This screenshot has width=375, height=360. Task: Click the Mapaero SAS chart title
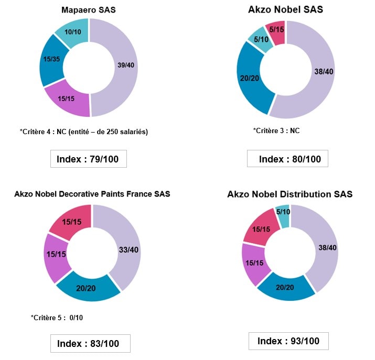[88, 10]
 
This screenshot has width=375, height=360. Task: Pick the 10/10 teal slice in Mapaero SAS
[73, 31]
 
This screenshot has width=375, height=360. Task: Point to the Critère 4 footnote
[84, 132]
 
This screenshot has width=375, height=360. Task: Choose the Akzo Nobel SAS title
[285, 9]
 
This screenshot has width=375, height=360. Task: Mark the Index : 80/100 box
[287, 159]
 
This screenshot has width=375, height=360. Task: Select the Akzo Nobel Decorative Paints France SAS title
[92, 194]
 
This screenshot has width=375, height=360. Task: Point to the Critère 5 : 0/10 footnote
[57, 318]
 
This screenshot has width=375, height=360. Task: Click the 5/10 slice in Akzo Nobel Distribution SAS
[283, 211]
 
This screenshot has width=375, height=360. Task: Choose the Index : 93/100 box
[288, 341]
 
